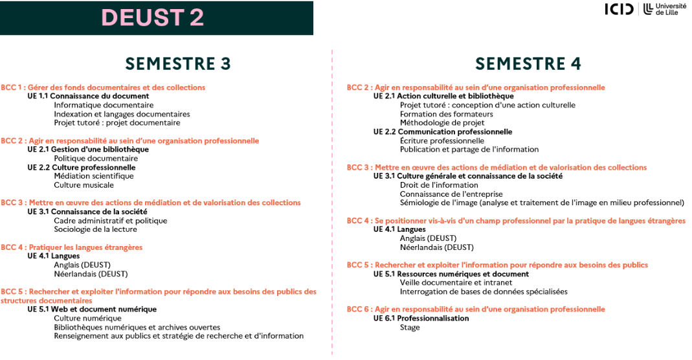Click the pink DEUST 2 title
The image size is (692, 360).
click(152, 17)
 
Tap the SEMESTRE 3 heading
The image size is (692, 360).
click(178, 63)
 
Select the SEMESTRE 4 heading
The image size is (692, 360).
click(528, 63)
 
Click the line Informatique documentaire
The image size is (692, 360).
click(104, 105)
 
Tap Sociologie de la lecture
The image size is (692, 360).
click(95, 229)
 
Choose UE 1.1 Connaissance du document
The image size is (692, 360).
click(88, 96)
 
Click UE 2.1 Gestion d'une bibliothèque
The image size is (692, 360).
click(88, 149)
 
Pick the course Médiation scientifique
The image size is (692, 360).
click(94, 175)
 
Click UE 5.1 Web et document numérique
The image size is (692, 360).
click(92, 309)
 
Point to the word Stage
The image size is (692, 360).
click(410, 327)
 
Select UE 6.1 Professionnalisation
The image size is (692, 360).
click(421, 318)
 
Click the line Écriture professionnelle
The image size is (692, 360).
click(442, 141)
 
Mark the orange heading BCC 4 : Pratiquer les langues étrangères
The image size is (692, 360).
click(71, 247)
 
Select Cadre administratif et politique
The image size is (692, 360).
click(110, 220)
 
